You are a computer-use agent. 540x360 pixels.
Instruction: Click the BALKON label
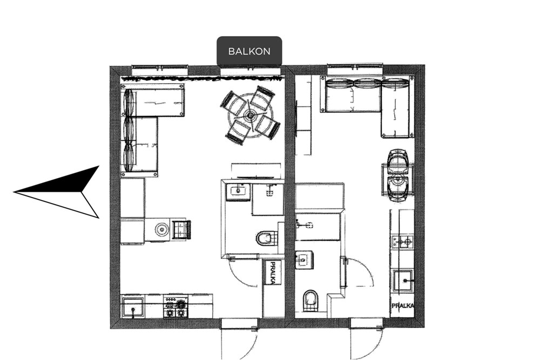249,51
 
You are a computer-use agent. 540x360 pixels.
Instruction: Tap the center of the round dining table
250,116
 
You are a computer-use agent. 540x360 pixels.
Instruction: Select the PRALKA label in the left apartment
273,273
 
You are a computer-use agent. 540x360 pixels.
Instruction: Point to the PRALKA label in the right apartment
403,305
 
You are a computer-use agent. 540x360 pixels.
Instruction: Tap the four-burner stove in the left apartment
175,307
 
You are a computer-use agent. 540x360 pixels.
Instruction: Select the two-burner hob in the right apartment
402,240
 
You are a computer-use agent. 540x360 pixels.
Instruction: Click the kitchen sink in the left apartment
133,308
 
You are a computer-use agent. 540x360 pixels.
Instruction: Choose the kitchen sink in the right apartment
404,281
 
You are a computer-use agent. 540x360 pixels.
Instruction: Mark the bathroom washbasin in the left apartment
238,191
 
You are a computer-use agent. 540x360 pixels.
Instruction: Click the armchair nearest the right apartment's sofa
398,160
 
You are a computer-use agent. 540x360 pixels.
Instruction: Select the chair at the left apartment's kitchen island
182,229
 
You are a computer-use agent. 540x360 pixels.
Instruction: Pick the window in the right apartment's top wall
355,70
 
